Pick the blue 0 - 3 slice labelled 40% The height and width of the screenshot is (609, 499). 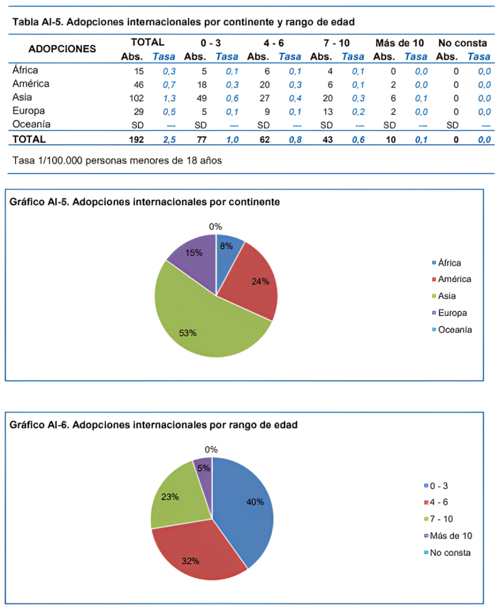click(x=246, y=507)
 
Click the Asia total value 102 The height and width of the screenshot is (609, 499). click(x=137, y=98)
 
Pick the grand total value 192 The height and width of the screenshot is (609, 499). click(x=137, y=139)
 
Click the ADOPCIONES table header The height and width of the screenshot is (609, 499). click(x=62, y=49)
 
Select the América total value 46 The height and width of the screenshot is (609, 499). click(x=139, y=84)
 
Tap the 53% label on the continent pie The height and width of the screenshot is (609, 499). click(x=188, y=333)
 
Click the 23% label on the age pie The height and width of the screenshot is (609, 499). click(x=170, y=497)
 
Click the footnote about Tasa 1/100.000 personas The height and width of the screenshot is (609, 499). click(x=117, y=160)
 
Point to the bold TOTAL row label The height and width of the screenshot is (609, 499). click(x=29, y=139)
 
